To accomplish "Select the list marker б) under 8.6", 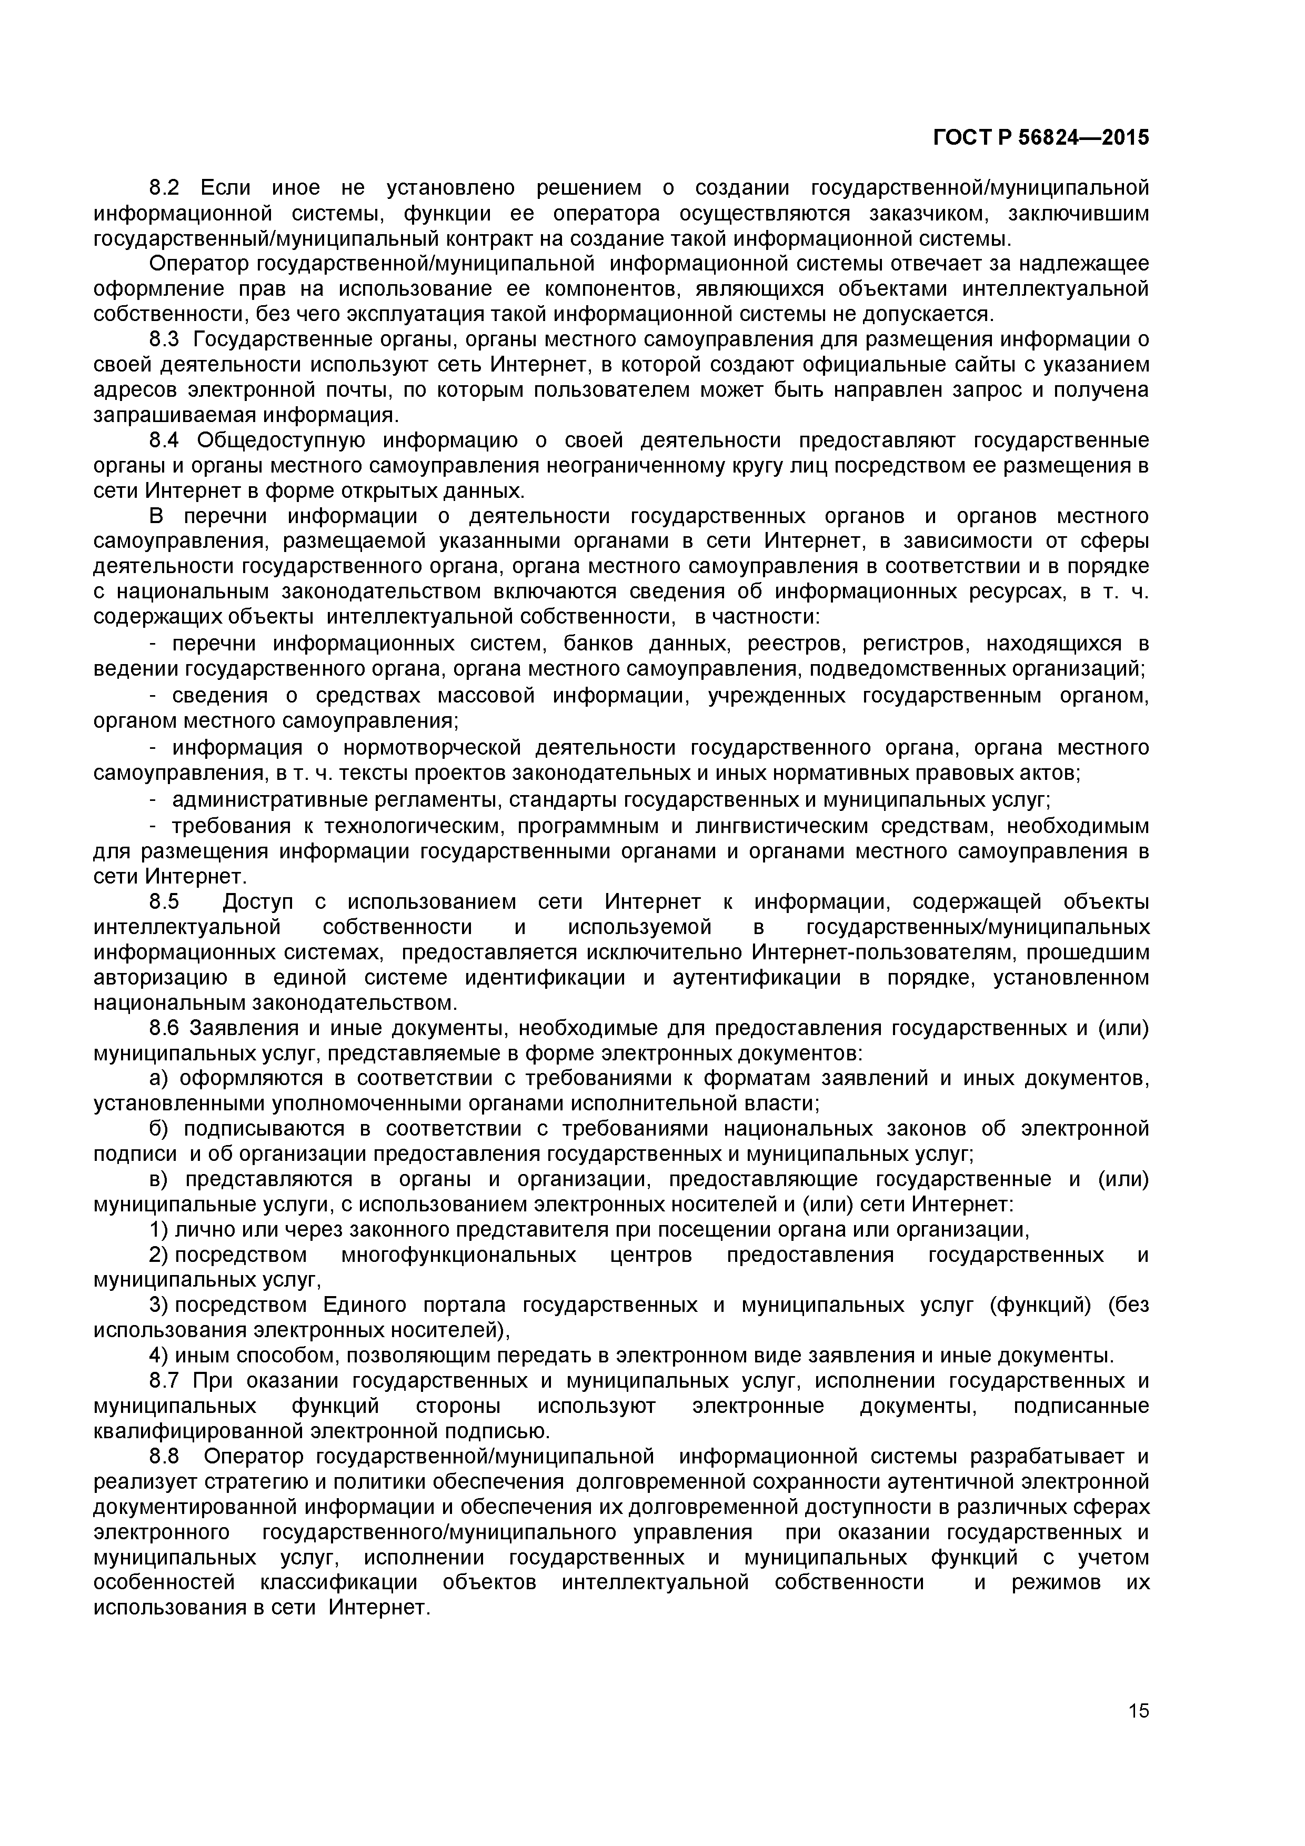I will click(160, 1129).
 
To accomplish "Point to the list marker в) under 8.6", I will click(160, 1179).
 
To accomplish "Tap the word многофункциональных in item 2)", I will click(458, 1255).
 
